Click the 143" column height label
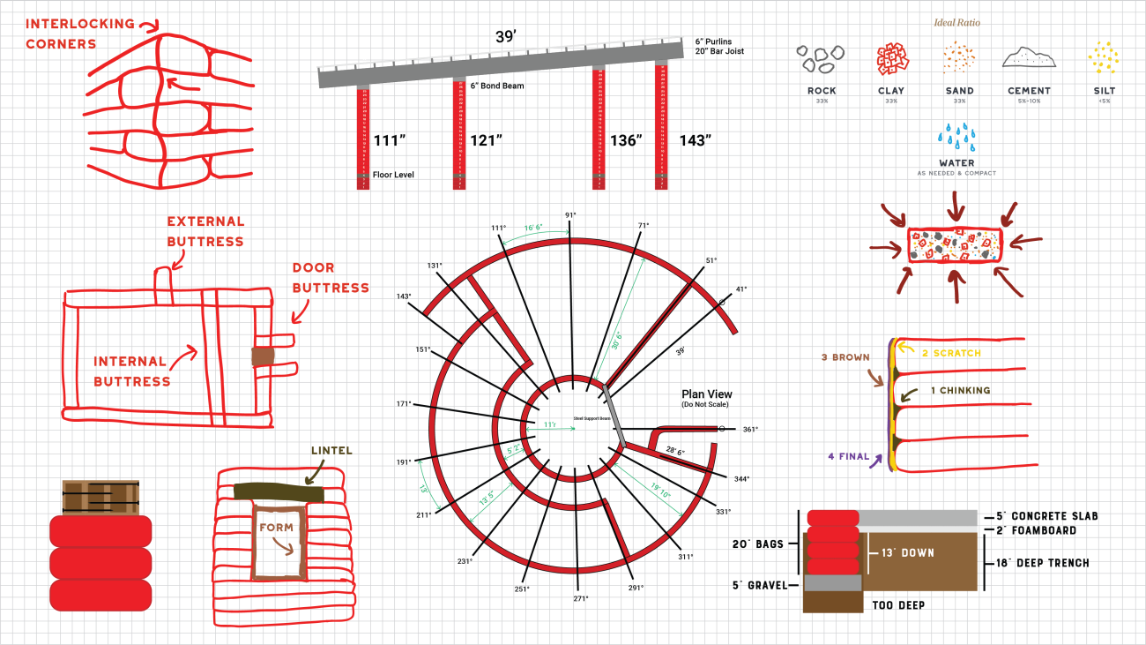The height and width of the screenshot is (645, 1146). pyautogui.click(x=695, y=140)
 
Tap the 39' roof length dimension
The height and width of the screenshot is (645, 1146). pyautogui.click(x=505, y=36)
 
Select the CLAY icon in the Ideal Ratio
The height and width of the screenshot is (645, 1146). pyautogui.click(x=891, y=59)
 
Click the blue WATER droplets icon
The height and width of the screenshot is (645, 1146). pyautogui.click(x=956, y=138)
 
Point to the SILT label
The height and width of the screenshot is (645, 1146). pyautogui.click(x=1103, y=91)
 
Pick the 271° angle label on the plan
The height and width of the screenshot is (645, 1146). pyautogui.click(x=580, y=598)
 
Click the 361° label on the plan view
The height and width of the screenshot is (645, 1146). pyautogui.click(x=750, y=430)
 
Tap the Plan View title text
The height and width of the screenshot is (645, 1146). pyautogui.click(x=706, y=394)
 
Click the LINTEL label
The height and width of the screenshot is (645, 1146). pyautogui.click(x=331, y=451)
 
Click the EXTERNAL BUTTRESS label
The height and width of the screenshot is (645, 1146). pyautogui.click(x=205, y=231)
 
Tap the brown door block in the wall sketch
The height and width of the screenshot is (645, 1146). pyautogui.click(x=263, y=356)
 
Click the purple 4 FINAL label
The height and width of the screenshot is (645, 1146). pyautogui.click(x=849, y=457)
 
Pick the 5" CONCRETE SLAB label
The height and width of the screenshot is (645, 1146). pyautogui.click(x=1047, y=516)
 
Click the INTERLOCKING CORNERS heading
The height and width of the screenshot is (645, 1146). pyautogui.click(x=79, y=34)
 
